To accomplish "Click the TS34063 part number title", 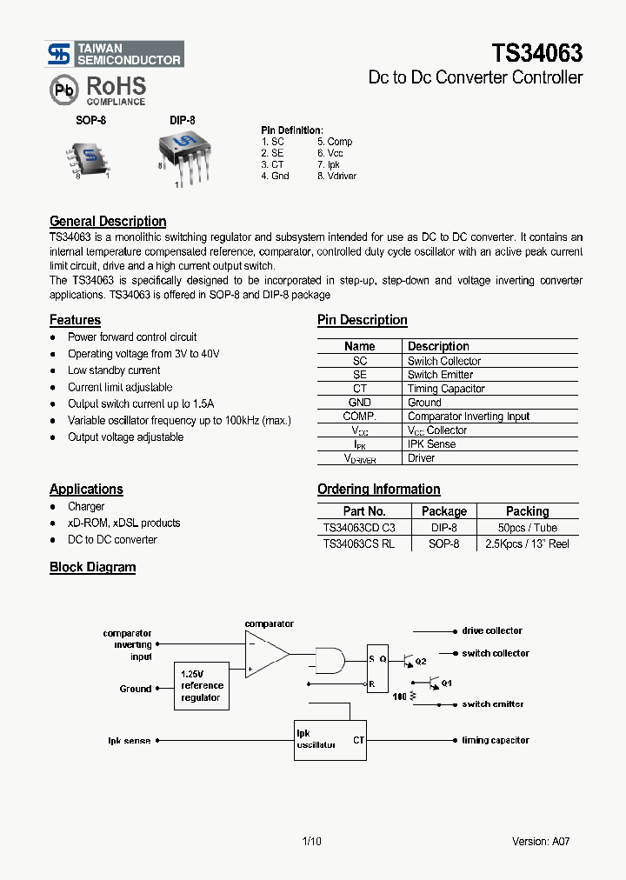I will [537, 53].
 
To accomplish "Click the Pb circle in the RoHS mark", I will [62, 90].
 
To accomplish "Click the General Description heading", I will [108, 221].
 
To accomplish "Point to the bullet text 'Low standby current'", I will [114, 370].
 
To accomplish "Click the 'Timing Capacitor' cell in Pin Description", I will [446, 389].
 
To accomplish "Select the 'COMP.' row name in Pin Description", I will [359, 417].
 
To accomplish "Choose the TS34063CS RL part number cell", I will [358, 543].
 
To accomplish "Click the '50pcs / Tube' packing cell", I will [527, 528].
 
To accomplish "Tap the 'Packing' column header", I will [527, 511].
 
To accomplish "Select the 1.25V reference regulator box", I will [202, 685].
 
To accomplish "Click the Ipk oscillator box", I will [330, 740].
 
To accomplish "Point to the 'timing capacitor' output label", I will [495, 740].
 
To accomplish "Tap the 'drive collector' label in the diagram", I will [491, 630].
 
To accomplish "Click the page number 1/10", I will [311, 841].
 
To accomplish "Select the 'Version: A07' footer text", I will [541, 841].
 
